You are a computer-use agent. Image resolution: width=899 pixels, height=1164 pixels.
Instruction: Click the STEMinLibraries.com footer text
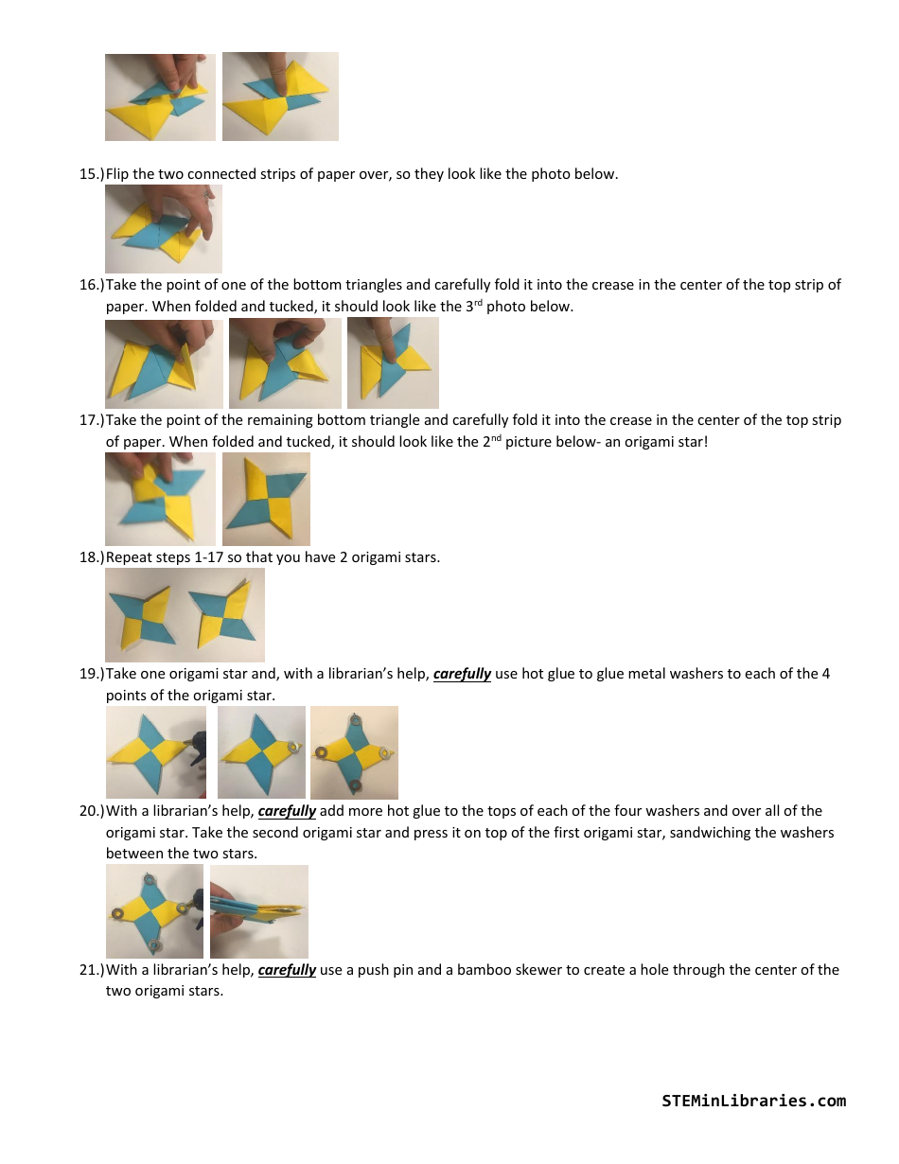click(753, 1101)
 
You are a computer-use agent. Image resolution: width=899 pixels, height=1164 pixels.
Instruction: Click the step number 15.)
click(91, 174)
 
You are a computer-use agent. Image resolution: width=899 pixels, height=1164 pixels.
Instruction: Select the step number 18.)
click(91, 557)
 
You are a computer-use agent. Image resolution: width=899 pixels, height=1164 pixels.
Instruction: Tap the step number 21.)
click(91, 970)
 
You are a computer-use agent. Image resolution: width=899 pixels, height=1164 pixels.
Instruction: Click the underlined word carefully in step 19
click(462, 675)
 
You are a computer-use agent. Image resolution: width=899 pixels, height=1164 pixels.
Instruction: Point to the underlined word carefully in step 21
click(287, 970)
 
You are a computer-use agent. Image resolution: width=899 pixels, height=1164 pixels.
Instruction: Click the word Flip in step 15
click(118, 174)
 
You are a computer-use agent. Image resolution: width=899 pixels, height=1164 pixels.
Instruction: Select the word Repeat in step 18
click(128, 557)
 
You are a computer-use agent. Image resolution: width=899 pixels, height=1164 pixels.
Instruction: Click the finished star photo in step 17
click(266, 499)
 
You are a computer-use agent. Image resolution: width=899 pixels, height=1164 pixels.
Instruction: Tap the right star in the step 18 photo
click(223, 615)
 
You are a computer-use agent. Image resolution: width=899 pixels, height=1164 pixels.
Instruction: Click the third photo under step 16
click(393, 363)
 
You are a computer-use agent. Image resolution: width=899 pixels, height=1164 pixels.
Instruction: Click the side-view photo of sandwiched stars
click(259, 911)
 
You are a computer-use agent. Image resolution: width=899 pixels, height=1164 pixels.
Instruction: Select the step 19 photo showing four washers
click(354, 752)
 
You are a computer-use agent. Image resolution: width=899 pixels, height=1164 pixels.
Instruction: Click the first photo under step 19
click(155, 752)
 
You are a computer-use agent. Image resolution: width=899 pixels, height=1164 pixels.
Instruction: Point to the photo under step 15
click(163, 229)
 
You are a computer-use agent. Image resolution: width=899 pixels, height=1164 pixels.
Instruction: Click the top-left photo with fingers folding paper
click(160, 97)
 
